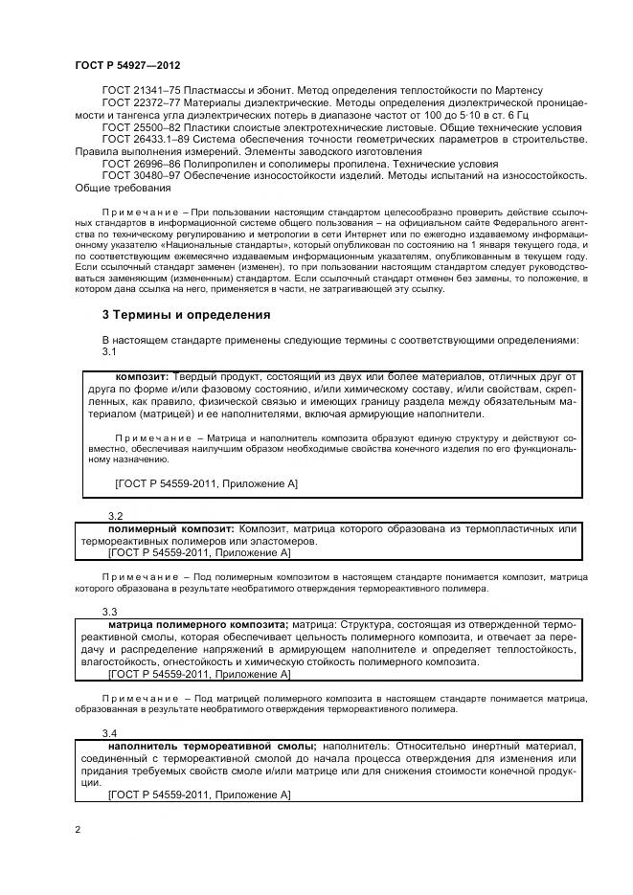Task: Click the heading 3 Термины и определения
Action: pyautogui.click(x=186, y=315)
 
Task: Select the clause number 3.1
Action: pyautogui.click(x=109, y=352)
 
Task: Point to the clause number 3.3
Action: pyautogui.click(x=109, y=611)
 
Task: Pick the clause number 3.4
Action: pyautogui.click(x=109, y=733)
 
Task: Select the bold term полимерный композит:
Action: pyautogui.click(x=170, y=528)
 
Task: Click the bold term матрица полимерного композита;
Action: pyautogui.click(x=192, y=624)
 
